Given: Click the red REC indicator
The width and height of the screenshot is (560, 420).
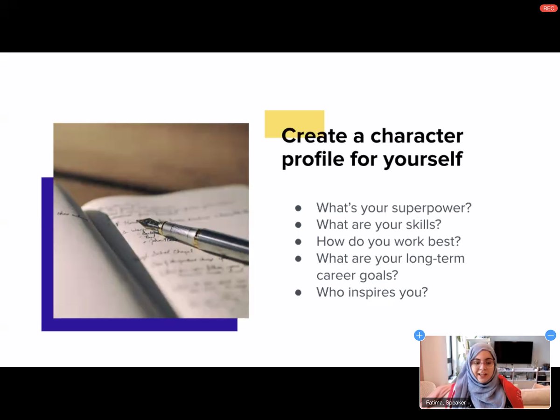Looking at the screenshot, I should (x=549, y=8).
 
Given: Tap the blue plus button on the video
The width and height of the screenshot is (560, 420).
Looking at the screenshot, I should (x=420, y=335).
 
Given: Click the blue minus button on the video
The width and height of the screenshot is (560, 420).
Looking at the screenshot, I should (x=551, y=335).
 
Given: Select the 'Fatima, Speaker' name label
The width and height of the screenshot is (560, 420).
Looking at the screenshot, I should (x=446, y=402).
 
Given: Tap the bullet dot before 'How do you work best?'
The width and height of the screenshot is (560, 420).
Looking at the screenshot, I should (x=298, y=242).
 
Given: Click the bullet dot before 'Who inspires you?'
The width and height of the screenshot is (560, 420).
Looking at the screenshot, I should (x=298, y=293).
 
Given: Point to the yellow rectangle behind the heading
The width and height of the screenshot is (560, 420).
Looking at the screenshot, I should (x=294, y=119).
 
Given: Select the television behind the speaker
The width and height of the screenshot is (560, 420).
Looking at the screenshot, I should (x=513, y=352).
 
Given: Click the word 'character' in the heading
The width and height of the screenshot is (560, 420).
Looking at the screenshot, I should (x=417, y=136).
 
